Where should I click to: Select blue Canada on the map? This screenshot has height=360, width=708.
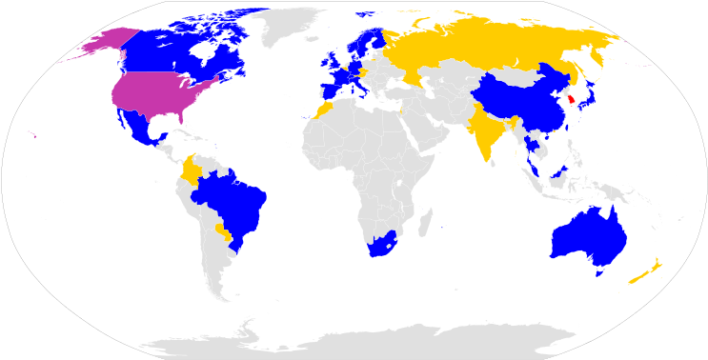pos(181,48)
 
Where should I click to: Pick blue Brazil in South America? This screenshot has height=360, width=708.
pos(233,205)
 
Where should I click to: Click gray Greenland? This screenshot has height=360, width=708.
pos(286,24)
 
